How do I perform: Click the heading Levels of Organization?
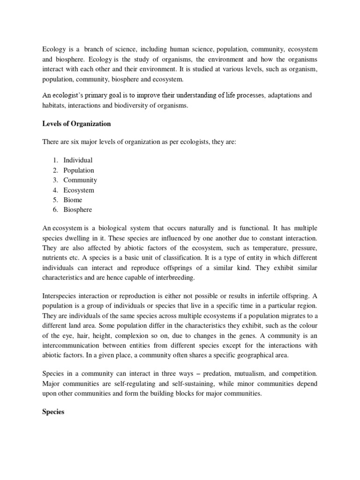pyautogui.click(x=77, y=124)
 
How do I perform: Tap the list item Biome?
pyautogui.click(x=73, y=200)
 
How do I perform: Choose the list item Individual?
pyautogui.click(x=78, y=160)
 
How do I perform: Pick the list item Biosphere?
pyautogui.click(x=78, y=210)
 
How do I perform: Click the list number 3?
pyautogui.click(x=54, y=180)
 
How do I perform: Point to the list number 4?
pyautogui.click(x=54, y=190)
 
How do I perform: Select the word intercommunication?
pyautogui.click(x=73, y=345)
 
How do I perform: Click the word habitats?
pyautogui.click(x=55, y=105)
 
